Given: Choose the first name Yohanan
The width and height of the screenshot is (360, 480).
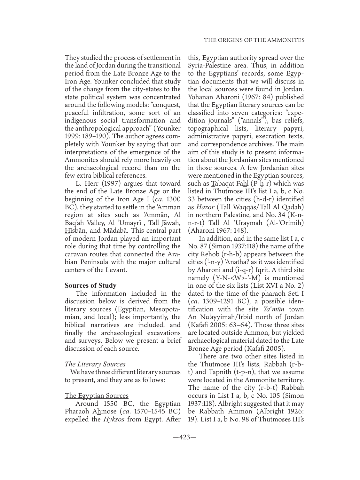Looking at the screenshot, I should coord(201,97).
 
